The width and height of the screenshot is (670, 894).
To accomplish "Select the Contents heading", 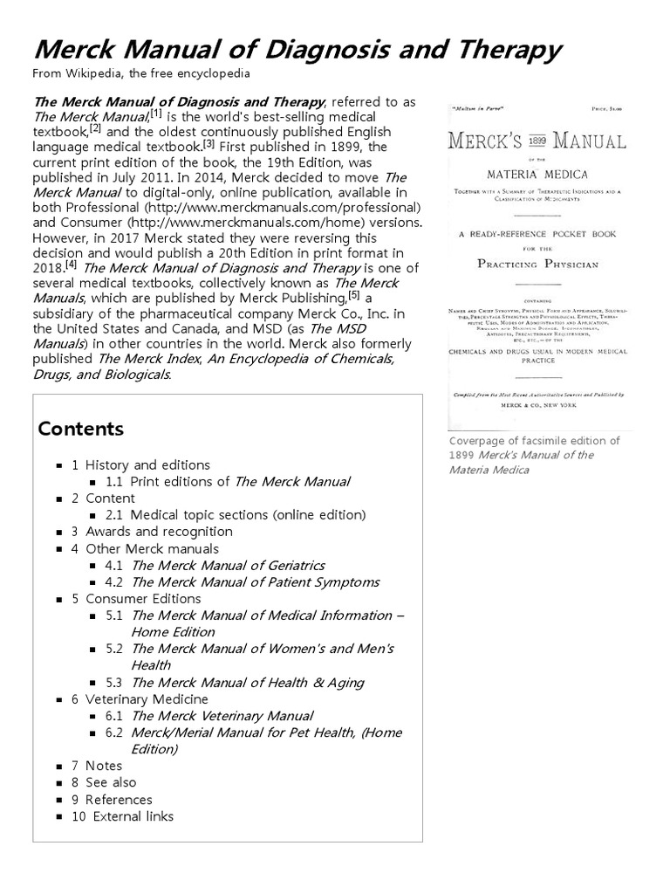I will click(81, 429).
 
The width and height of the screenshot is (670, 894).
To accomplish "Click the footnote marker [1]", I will click(155, 113).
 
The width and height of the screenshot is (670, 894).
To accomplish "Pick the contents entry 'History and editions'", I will click(147, 465).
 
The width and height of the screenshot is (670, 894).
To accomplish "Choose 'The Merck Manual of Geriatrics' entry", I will click(228, 565).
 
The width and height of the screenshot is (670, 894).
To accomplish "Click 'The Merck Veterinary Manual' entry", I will click(222, 715).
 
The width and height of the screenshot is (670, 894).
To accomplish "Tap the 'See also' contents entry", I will click(111, 782).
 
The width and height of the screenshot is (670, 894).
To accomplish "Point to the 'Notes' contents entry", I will click(104, 766).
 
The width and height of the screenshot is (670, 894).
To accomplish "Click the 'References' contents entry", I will click(118, 800).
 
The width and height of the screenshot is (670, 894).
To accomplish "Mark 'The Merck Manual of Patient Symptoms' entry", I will click(255, 581).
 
